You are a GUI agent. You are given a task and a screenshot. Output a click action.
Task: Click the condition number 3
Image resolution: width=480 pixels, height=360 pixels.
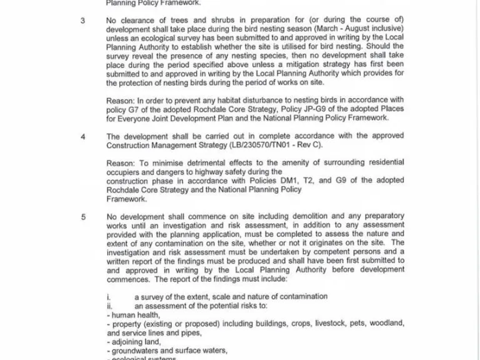(83, 21)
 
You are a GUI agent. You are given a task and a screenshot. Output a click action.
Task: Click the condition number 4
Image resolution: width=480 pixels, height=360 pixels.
(83, 136)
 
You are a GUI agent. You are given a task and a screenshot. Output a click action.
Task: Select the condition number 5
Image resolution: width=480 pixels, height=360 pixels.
(83, 216)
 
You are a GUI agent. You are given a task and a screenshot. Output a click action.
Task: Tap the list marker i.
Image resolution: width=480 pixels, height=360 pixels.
(108, 296)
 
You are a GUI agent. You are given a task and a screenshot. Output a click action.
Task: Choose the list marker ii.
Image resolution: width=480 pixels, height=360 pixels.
(109, 306)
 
